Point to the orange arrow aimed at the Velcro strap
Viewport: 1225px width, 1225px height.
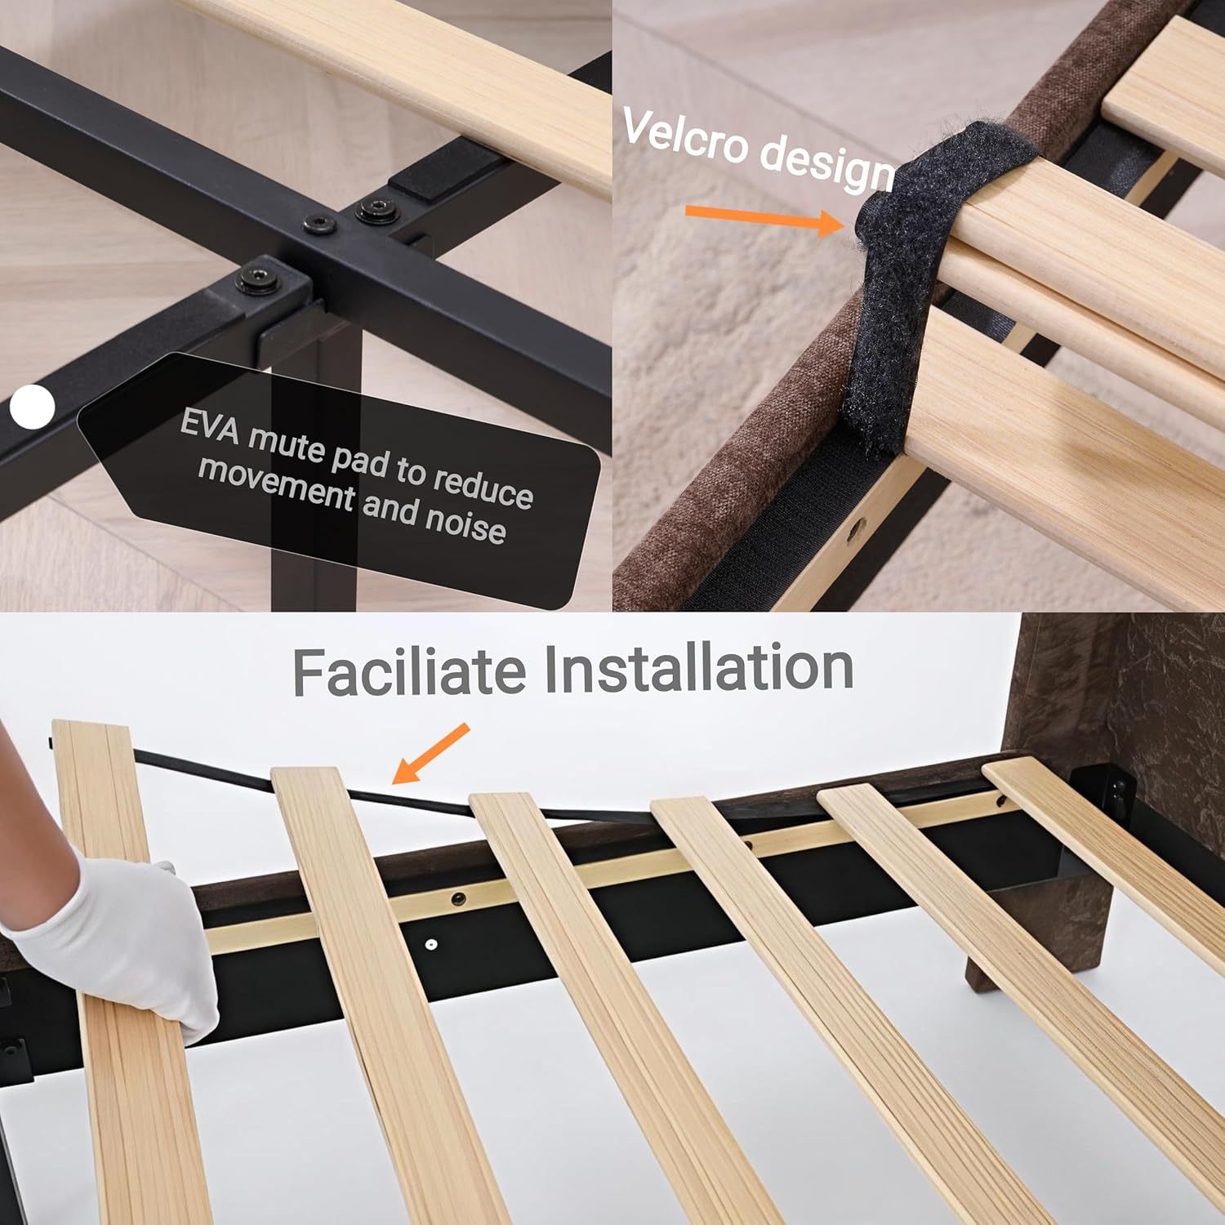[764, 219]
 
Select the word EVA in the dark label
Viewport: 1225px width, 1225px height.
[211, 428]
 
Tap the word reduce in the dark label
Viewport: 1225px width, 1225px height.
[483, 487]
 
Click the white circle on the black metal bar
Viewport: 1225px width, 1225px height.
[33, 406]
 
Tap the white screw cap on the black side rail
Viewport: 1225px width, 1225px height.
[430, 946]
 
